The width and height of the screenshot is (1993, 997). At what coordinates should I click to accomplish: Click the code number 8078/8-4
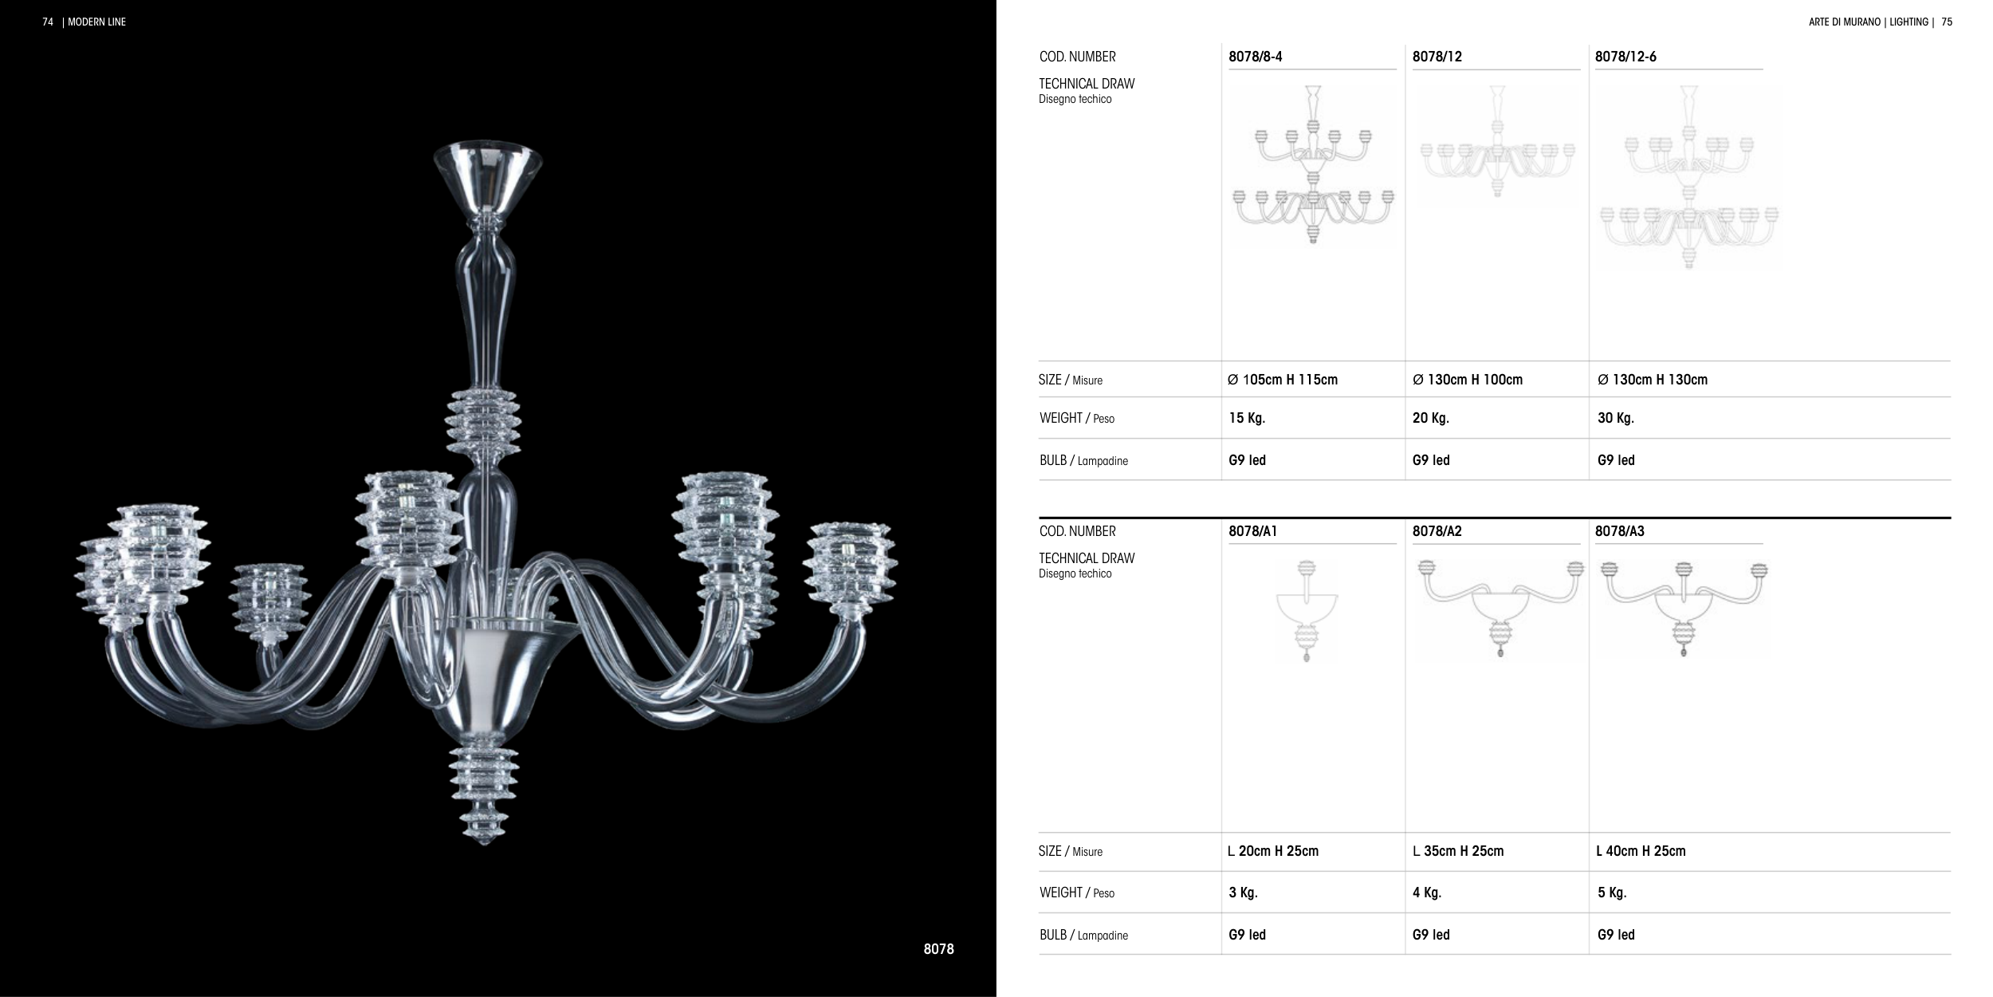point(1256,57)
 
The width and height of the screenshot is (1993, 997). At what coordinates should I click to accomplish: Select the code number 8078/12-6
point(1625,57)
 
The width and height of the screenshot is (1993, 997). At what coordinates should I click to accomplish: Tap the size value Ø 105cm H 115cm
point(1283,380)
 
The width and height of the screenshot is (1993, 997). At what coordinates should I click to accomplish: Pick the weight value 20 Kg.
point(1431,418)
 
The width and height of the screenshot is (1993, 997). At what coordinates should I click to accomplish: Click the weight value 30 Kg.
point(1616,418)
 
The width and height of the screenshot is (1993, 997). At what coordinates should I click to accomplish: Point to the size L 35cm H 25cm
point(1458,851)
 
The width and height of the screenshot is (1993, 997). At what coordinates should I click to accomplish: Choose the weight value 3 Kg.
point(1243,893)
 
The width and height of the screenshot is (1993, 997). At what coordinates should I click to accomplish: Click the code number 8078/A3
point(1620,531)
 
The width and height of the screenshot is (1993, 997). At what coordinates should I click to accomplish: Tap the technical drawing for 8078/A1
point(1307,611)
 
